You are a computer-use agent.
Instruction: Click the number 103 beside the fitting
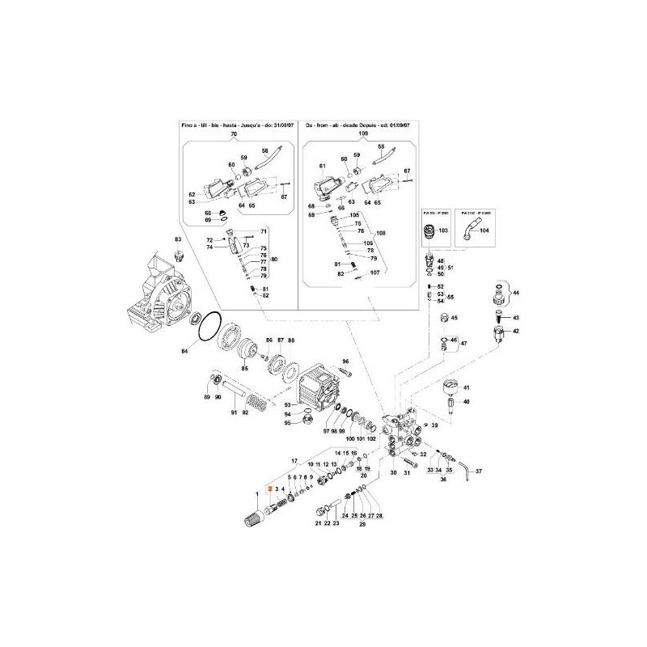pos(442,231)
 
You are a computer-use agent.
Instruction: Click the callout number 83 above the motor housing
pos(180,239)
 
